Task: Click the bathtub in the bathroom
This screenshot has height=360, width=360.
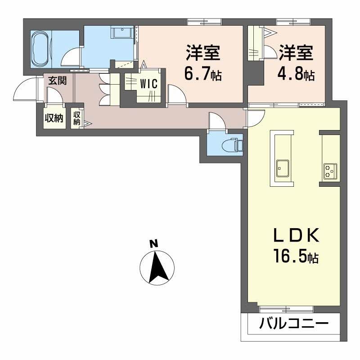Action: click(41, 49)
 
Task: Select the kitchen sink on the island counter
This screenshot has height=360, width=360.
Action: click(283, 168)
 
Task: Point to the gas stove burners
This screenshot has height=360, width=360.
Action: click(330, 171)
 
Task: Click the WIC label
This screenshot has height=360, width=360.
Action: click(149, 84)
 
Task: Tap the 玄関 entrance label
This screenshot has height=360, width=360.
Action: click(58, 81)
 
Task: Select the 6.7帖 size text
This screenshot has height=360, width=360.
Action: click(203, 73)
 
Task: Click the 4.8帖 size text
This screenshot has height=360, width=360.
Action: click(296, 73)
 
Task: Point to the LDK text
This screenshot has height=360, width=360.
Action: click(296, 235)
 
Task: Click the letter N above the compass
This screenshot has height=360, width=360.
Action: click(154, 243)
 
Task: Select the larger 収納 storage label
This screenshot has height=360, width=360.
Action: click(54, 118)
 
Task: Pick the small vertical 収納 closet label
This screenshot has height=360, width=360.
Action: click(76, 118)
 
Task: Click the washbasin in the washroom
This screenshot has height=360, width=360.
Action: click(122, 32)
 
